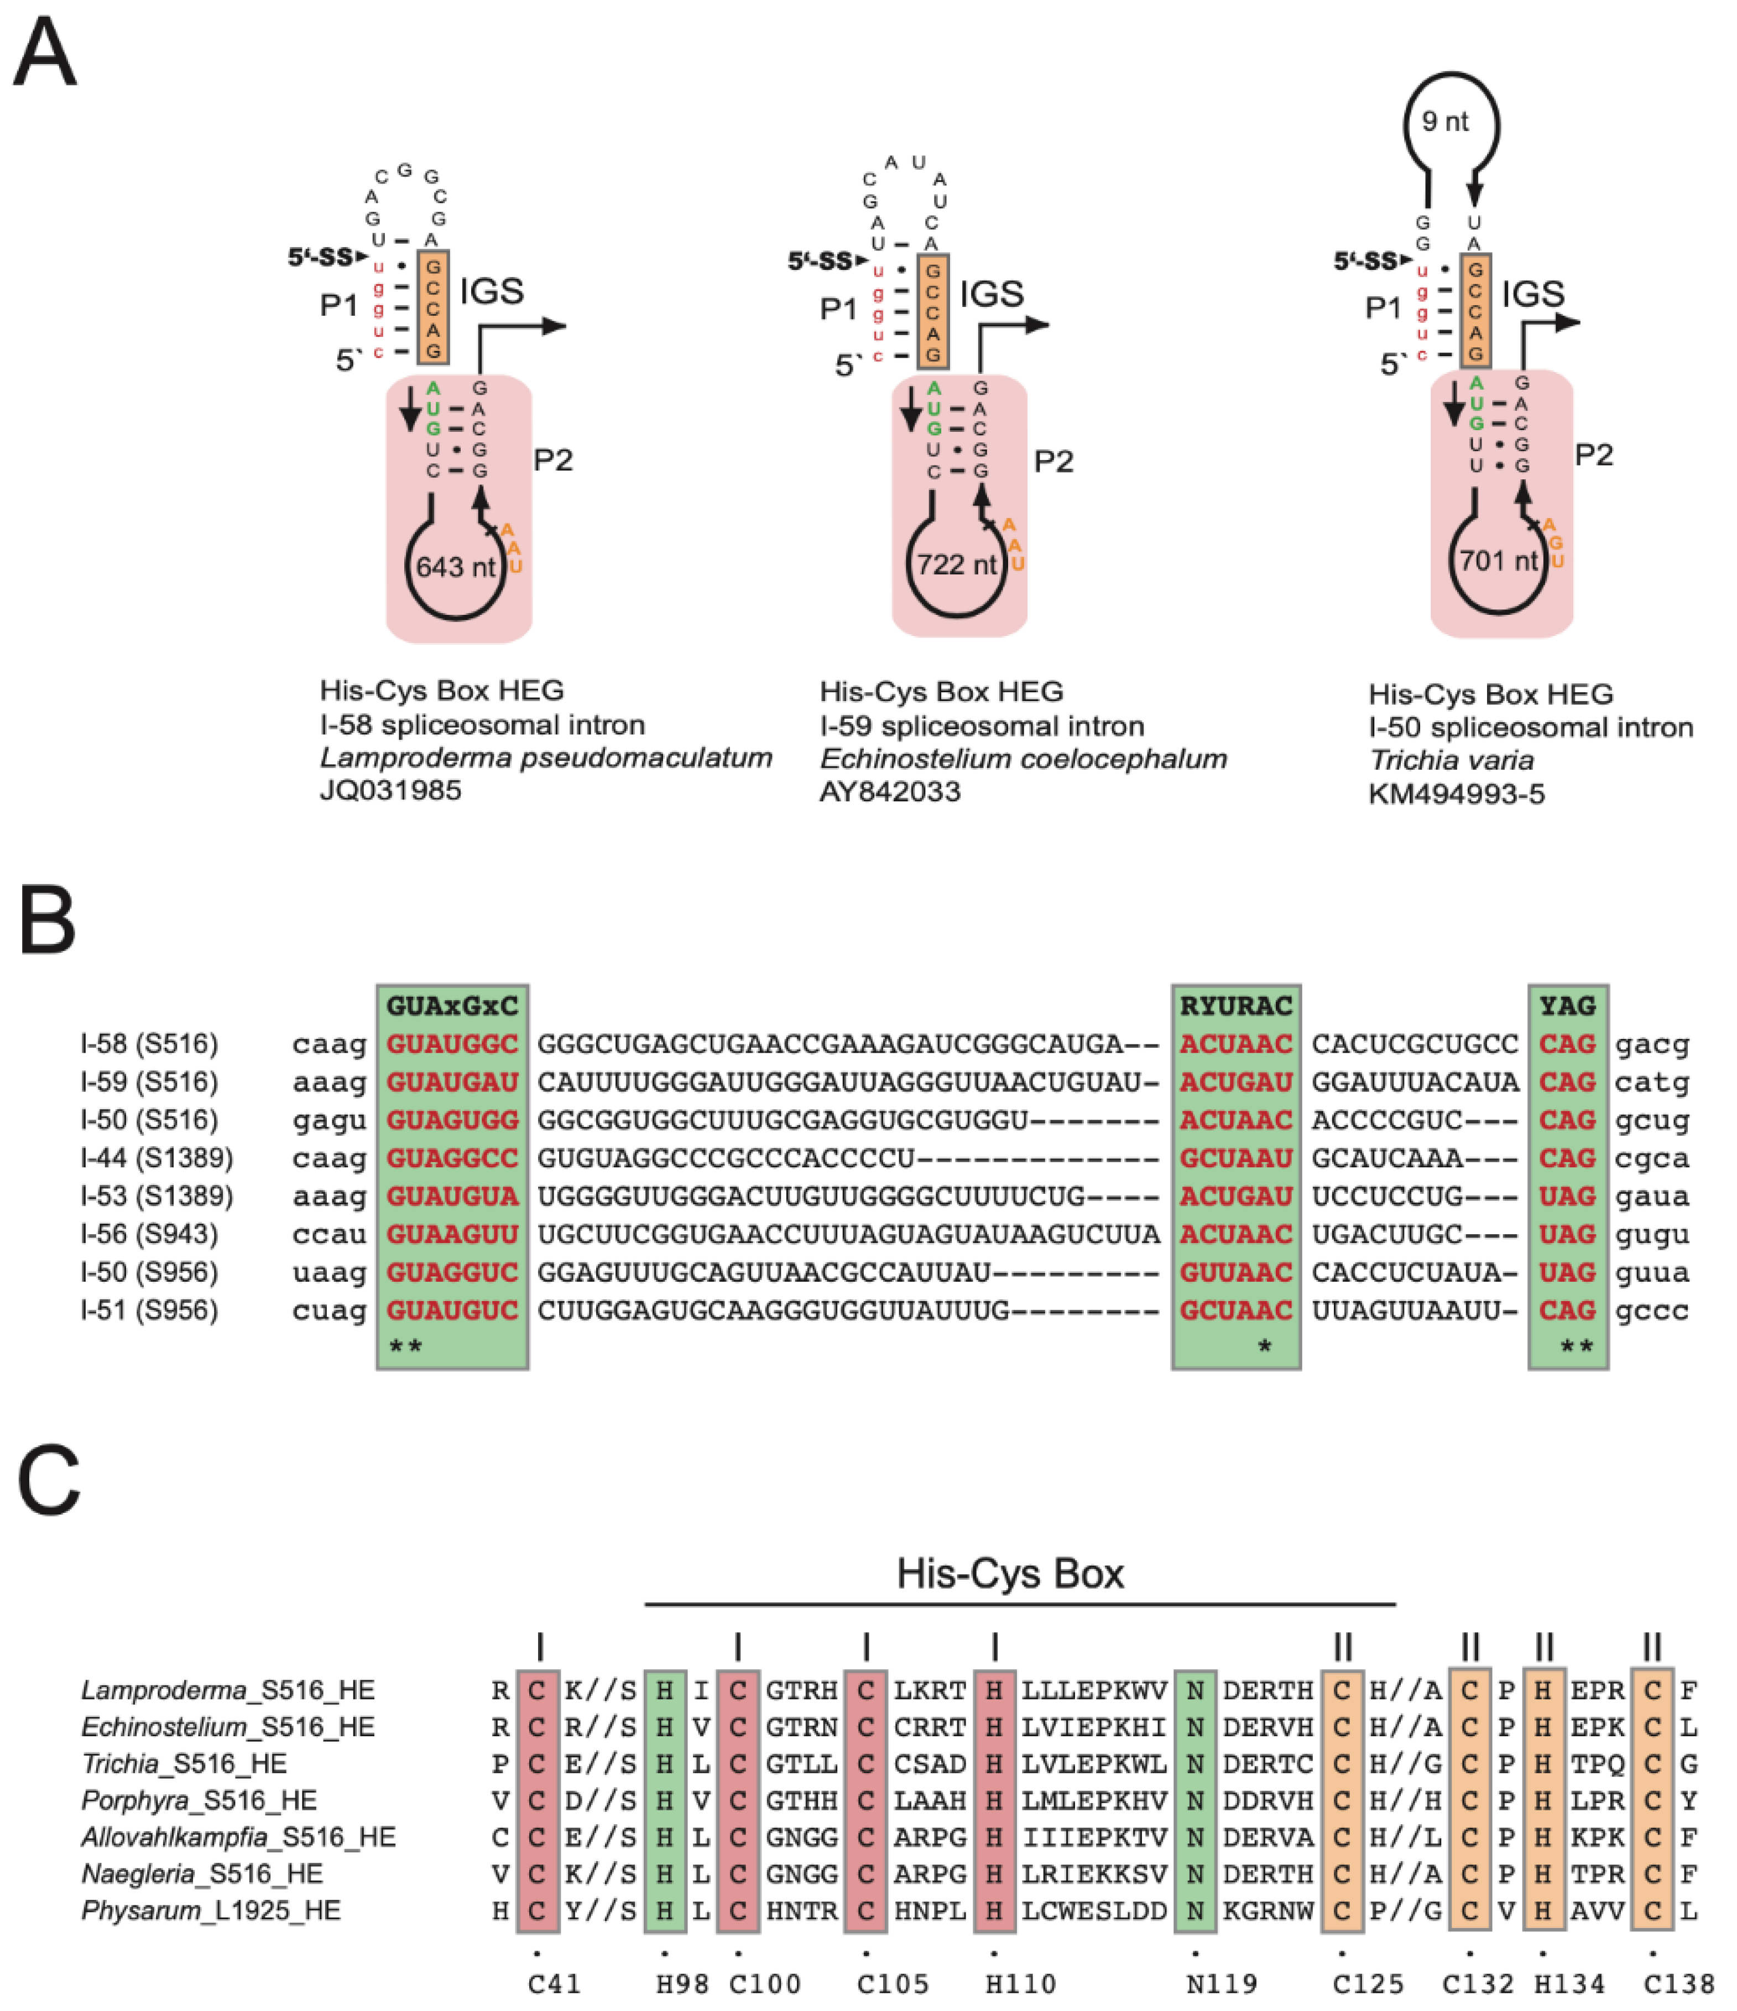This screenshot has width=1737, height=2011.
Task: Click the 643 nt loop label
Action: point(455,567)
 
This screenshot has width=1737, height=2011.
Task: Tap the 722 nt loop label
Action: point(956,564)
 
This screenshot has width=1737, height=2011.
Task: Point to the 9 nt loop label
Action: point(1445,121)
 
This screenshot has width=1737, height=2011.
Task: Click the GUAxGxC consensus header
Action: point(452,1005)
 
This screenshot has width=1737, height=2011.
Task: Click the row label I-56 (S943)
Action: point(149,1234)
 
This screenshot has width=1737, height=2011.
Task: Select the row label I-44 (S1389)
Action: point(157,1158)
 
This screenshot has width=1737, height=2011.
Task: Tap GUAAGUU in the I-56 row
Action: point(452,1234)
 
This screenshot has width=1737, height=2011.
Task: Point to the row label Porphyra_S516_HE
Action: point(199,1800)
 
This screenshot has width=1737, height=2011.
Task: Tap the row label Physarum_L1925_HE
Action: point(211,1911)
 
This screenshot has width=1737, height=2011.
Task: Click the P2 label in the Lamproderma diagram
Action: point(552,460)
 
